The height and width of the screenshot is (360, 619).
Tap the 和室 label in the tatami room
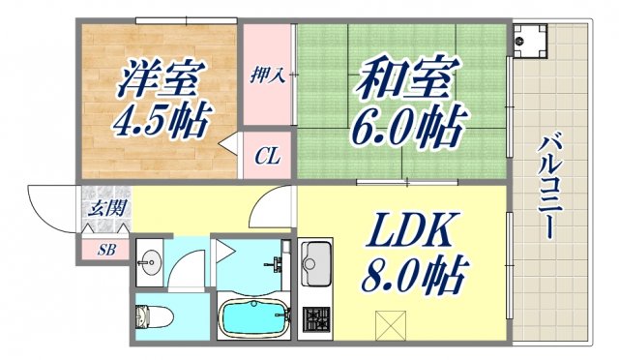pos(399,78)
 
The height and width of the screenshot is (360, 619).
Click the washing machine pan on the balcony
pos(527,40)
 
